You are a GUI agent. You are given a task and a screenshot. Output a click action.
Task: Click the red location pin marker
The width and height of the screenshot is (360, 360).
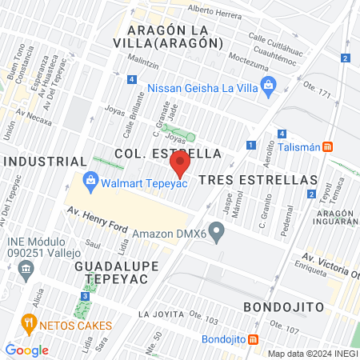click(x=180, y=165)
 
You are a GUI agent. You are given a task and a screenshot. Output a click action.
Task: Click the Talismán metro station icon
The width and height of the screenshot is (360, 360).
click(x=328, y=146)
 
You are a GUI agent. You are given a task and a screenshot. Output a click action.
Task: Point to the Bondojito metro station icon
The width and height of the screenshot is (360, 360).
click(x=254, y=339)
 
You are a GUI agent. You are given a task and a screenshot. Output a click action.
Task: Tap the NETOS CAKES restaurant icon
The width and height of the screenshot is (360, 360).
click(x=30, y=324)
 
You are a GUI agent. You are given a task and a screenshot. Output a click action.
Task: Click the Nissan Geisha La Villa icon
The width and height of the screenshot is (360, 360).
click(x=268, y=83)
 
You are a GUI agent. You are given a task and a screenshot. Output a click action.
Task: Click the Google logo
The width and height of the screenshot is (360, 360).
click(x=27, y=350)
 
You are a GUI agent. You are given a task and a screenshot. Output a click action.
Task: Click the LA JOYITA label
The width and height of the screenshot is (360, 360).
click(x=166, y=313)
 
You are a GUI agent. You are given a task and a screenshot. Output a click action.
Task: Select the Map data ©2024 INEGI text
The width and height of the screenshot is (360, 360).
click(x=312, y=354)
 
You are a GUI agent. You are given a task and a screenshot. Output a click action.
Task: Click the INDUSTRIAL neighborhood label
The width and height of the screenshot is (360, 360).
click(x=45, y=162)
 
